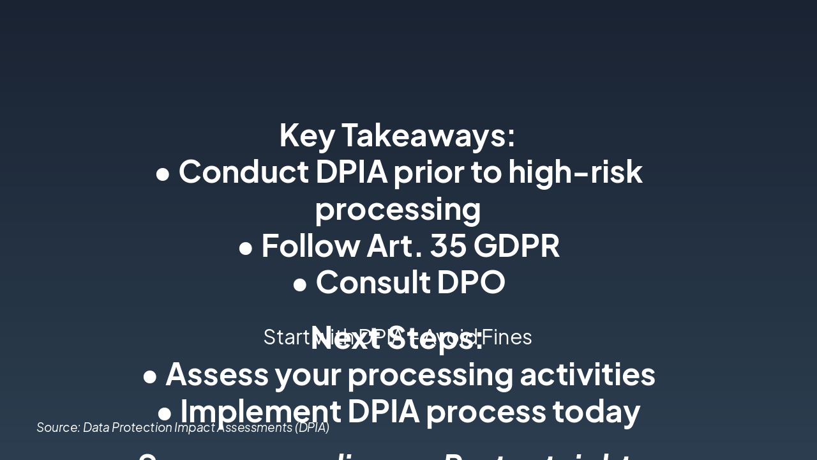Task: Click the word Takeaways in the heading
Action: coord(428,135)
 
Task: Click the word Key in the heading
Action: coord(307,135)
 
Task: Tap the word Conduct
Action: coord(244,172)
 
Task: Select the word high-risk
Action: coord(575,172)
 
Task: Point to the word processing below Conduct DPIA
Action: coord(398,210)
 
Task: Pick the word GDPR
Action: coord(518,246)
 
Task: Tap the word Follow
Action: coord(310,246)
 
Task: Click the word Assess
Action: coord(217,374)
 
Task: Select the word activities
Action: coord(587,374)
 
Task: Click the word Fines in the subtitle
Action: coord(507,337)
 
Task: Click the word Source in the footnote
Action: coord(57,427)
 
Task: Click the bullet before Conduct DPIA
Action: coord(163,174)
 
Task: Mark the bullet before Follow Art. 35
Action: coord(246,248)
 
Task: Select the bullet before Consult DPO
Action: coord(300,284)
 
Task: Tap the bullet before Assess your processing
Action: coord(150,376)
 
